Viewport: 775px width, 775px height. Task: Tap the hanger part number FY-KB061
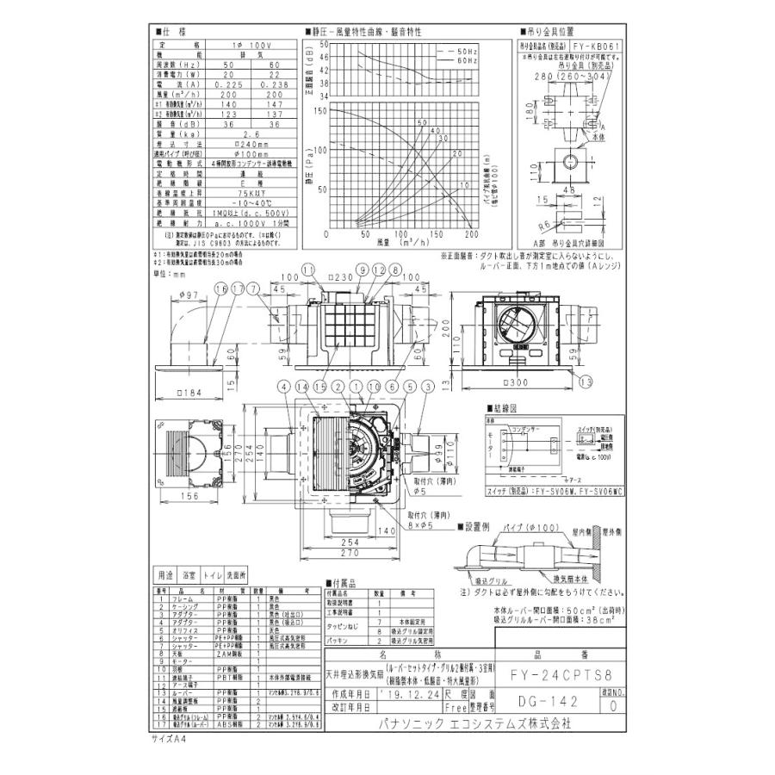(594, 49)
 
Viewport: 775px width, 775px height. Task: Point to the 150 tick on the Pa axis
(320, 110)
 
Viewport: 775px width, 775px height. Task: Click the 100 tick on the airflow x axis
(400, 234)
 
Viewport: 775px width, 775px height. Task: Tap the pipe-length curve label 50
(423, 123)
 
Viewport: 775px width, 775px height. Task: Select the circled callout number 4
(285, 387)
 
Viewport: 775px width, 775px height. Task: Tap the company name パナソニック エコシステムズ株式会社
(474, 725)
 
